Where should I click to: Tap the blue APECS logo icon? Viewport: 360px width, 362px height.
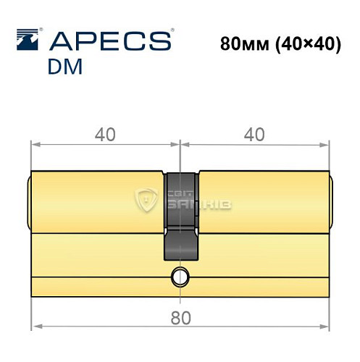27,40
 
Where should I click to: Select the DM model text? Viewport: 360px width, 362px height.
64,67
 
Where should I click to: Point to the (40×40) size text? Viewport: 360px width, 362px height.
309,43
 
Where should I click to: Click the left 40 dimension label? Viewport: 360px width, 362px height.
106,134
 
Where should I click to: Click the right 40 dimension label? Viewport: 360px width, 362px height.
253,134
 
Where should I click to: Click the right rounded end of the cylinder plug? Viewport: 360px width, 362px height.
332,203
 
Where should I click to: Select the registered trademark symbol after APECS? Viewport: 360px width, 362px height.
171,31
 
